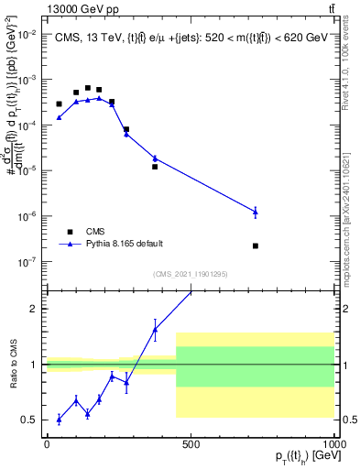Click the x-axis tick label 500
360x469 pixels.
point(191,444)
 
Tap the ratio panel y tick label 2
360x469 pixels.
point(36,309)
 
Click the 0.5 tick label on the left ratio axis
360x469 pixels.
point(32,420)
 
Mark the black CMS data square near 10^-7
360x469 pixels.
point(256,245)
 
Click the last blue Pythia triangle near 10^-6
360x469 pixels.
point(256,212)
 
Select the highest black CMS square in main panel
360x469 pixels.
point(88,88)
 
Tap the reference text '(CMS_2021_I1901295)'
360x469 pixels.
point(191,274)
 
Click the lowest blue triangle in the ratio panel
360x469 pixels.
point(59,420)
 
